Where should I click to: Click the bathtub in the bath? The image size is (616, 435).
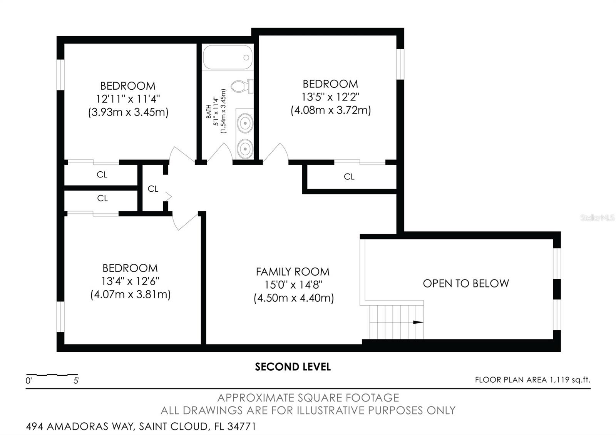point(227,58)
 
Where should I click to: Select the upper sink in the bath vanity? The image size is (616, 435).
point(244,123)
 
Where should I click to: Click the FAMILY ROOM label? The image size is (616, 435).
point(293,272)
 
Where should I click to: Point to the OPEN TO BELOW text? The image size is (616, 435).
point(466,284)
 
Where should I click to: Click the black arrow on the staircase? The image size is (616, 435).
point(418,322)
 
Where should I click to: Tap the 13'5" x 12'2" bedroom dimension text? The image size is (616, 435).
point(330,97)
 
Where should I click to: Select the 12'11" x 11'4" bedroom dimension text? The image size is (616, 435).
point(128,99)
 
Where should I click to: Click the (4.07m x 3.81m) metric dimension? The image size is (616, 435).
point(131,294)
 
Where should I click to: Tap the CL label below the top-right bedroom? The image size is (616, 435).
point(349,177)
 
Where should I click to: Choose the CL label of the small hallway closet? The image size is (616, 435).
point(153,189)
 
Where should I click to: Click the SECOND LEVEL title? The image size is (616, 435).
point(293,367)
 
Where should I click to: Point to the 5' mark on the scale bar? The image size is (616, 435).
point(77,381)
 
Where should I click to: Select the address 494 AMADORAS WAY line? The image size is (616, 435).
point(141,427)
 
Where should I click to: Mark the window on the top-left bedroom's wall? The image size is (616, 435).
point(60,75)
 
